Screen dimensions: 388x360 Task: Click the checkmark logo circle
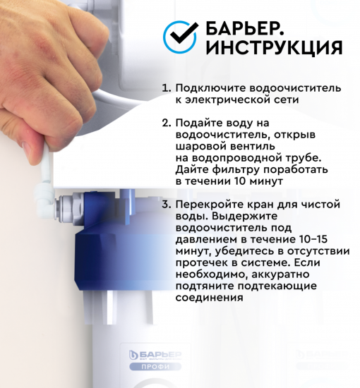[181, 37]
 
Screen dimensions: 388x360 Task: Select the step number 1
[166, 89]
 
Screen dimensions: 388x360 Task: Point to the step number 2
[166, 123]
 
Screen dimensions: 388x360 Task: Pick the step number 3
[166, 205]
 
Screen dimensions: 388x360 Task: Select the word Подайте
[200, 123]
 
